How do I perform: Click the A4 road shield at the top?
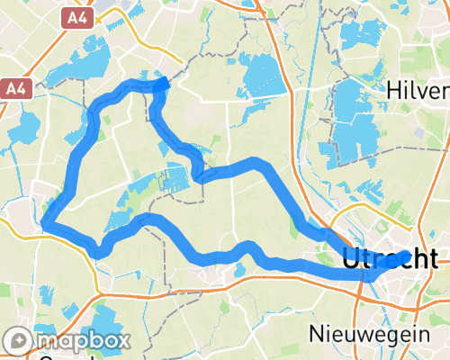click(x=77, y=16)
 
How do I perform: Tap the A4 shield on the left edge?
click(x=13, y=88)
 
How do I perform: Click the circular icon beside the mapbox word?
click(x=18, y=341)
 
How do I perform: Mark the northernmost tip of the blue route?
click(x=164, y=83)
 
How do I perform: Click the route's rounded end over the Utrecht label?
click(x=408, y=257)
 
